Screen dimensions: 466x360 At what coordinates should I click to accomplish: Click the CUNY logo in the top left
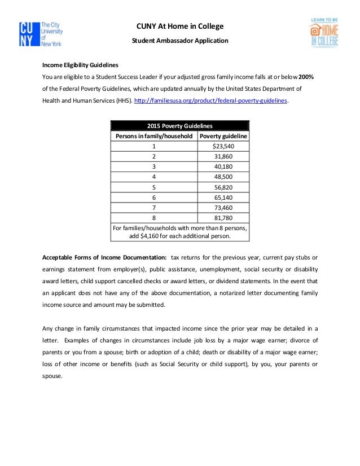40,34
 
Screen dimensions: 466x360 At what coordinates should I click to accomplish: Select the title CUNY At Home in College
180,26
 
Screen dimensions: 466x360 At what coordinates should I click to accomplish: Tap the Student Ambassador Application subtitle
180,41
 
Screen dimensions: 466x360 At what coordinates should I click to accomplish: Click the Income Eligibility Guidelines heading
80,64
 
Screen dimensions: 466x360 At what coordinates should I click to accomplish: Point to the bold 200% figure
307,77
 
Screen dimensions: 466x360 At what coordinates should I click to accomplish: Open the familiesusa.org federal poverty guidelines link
212,100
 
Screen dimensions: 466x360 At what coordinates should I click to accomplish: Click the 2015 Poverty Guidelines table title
179,126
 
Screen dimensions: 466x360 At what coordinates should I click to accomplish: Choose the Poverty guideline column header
223,136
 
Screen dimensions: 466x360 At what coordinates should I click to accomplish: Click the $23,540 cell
223,146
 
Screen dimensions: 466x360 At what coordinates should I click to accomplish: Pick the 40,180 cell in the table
223,166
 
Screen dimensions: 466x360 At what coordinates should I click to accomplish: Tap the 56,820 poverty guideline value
223,187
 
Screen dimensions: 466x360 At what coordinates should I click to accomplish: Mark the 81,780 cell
223,217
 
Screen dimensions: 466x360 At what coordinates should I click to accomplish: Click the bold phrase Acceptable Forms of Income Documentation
104,257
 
